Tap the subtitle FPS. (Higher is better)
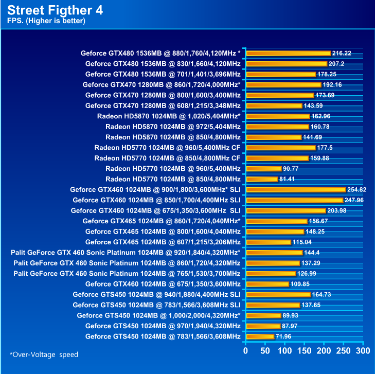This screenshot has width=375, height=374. click(46, 21)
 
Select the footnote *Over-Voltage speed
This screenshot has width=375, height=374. click(44, 354)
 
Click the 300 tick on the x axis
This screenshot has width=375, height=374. click(363, 351)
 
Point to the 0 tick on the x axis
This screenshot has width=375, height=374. click(246, 351)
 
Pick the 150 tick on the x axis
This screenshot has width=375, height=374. click(305, 351)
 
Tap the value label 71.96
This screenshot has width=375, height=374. click(285, 336)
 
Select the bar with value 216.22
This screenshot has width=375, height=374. click(288, 53)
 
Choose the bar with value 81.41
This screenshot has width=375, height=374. click(262, 179)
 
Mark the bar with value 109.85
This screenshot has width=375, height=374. click(267, 284)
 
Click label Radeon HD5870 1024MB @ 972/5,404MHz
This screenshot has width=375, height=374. click(172, 127)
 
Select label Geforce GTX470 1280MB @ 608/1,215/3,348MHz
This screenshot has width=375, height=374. click(163, 105)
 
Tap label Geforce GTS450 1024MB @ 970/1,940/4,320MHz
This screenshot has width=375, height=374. click(163, 326)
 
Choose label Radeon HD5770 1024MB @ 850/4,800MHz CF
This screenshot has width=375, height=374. click(167, 158)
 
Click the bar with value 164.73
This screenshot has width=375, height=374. click(278, 295)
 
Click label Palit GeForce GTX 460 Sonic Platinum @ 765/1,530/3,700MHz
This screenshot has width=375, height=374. click(127, 273)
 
